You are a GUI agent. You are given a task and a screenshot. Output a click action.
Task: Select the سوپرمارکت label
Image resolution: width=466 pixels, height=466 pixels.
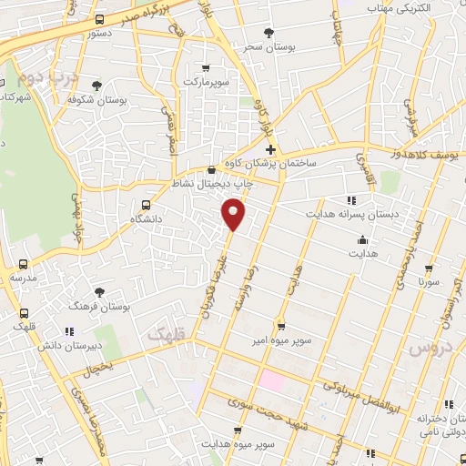(x=206, y=82)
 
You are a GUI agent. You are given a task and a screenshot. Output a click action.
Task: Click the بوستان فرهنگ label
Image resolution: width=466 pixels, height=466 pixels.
(x=99, y=307)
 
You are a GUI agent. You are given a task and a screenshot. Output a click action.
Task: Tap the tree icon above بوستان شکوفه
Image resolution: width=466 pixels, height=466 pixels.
(x=97, y=86)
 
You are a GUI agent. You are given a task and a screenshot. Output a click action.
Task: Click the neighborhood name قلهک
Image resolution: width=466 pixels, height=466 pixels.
(x=165, y=335)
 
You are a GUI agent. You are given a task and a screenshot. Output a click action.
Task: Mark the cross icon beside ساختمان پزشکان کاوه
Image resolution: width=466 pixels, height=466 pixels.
(x=270, y=148)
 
